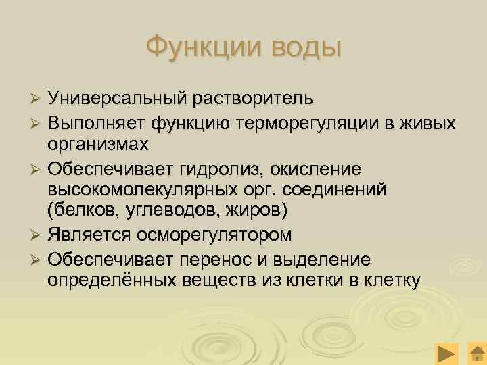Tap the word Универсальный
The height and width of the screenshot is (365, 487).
pyautogui.click(x=116, y=99)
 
